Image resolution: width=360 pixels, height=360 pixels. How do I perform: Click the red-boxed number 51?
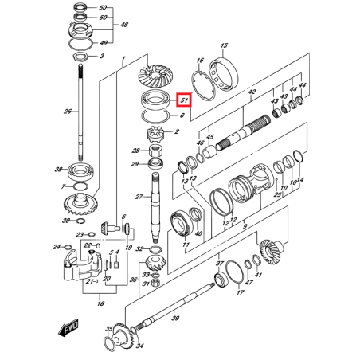coord(184,100)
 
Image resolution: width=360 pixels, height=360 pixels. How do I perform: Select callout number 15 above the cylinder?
coord(224,46)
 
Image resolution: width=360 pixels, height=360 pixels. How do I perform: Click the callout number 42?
coord(252,93)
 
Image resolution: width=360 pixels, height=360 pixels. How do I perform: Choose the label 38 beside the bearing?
coord(57,170)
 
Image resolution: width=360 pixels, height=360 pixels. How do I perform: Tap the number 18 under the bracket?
coord(100,303)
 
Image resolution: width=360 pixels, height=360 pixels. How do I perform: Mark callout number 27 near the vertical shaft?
coord(139,197)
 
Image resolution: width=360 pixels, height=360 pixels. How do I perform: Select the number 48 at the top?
coord(124,25)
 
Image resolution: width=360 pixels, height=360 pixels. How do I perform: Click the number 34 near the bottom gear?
coord(140,346)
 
